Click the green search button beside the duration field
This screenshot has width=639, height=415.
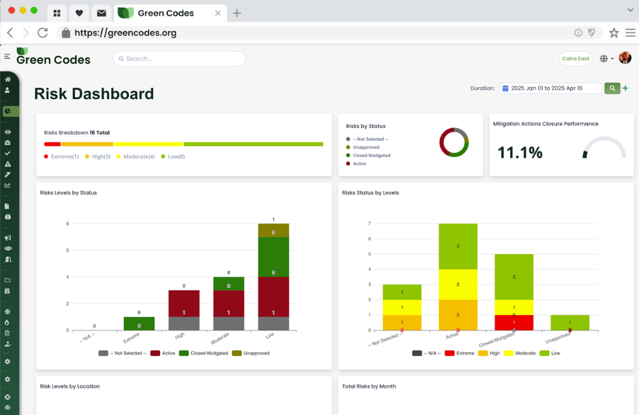612,88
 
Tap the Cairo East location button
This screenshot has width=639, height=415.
575,58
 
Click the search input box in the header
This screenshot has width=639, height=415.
179,58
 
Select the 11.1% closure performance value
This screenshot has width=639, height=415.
520,153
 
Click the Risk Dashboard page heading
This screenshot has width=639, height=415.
94,94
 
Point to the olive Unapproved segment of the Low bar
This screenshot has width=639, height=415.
273,230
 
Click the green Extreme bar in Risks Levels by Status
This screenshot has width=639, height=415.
139,323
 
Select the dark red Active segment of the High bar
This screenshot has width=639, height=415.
184,303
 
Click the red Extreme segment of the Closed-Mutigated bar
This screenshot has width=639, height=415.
514,322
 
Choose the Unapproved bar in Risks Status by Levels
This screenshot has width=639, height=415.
570,322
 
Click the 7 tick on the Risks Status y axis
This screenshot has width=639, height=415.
369,224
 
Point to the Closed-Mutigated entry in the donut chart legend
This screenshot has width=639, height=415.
371,155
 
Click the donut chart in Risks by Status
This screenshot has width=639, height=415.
454,142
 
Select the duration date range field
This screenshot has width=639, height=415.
551,88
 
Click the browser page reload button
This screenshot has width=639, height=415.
43,32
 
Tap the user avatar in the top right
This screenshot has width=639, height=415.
625,58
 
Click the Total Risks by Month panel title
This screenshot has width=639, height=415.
369,386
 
